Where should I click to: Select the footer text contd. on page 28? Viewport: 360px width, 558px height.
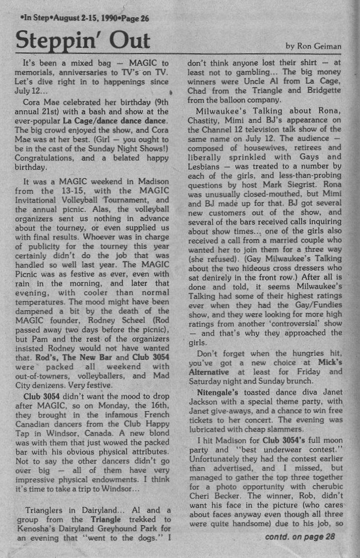click(300, 536)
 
